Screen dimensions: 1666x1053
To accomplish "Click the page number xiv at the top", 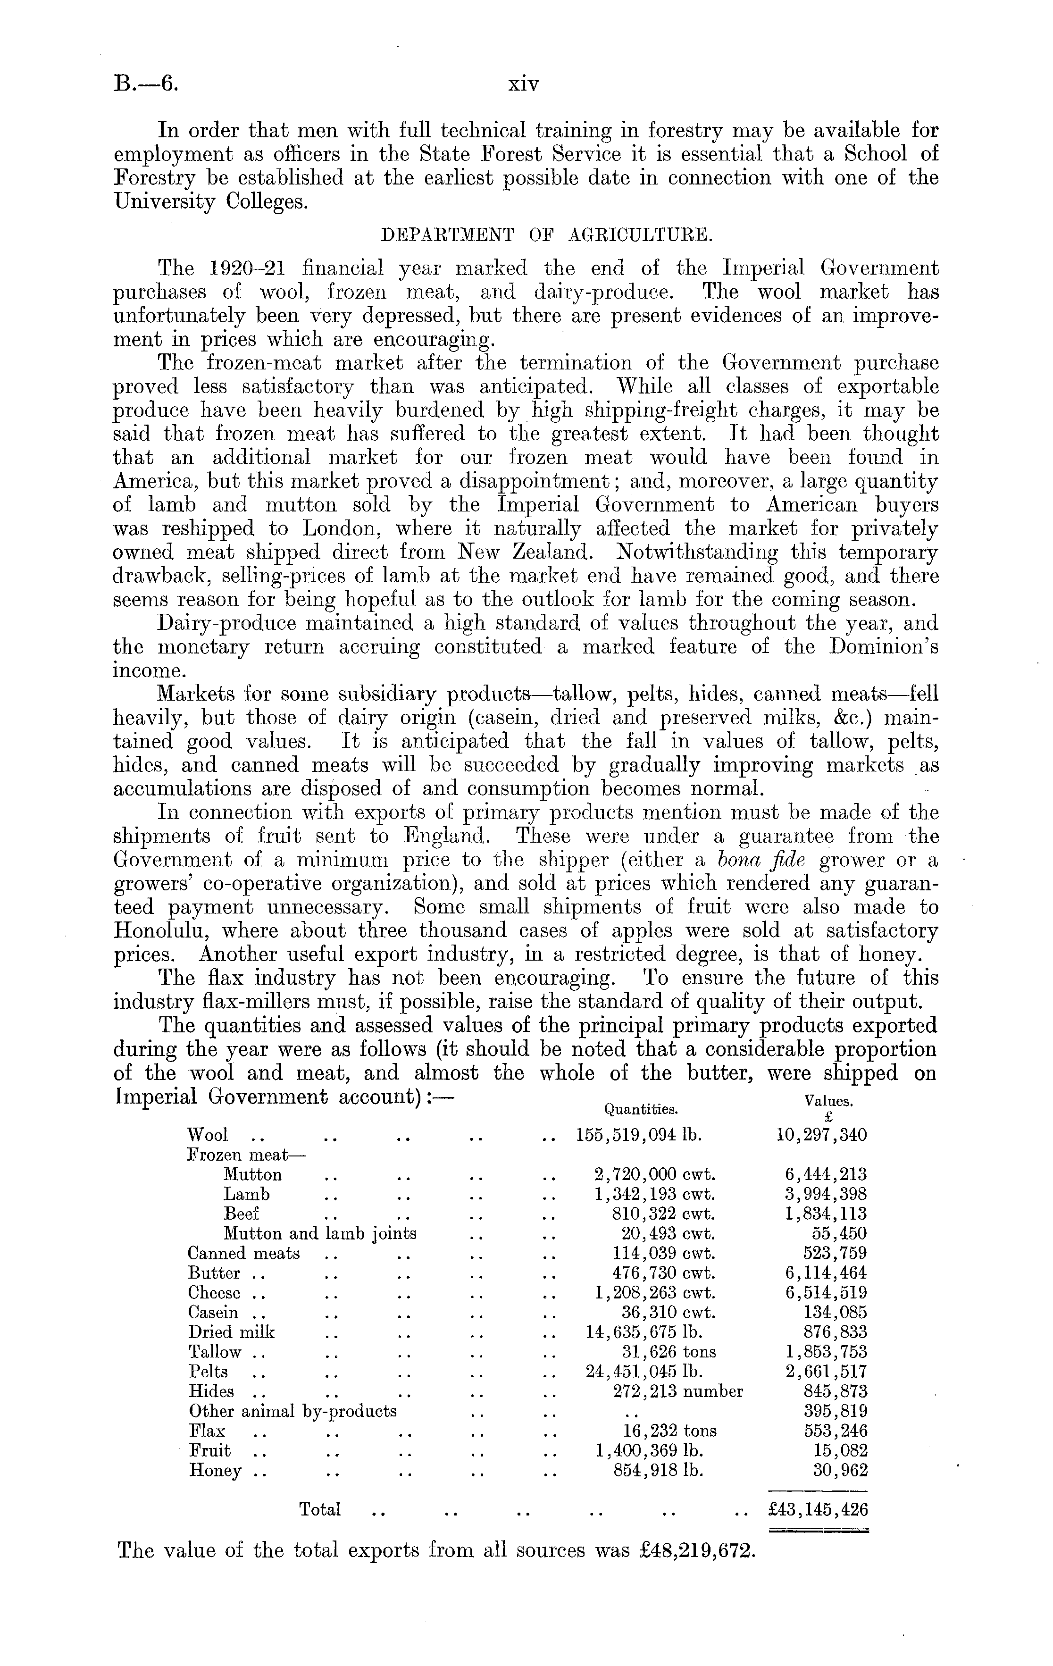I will pos(523,84).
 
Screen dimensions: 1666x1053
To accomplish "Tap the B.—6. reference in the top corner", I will pos(146,84).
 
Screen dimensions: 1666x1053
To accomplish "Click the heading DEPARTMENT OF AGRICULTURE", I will pos(547,235).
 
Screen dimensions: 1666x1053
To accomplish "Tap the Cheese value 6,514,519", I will pos(826,1292).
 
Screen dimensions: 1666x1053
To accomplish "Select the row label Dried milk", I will pos(231,1332).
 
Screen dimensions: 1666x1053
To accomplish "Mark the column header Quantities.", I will pos(641,1109).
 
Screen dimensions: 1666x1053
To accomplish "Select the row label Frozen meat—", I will pos(246,1154).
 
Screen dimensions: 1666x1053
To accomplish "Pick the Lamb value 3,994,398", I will pos(826,1194).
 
